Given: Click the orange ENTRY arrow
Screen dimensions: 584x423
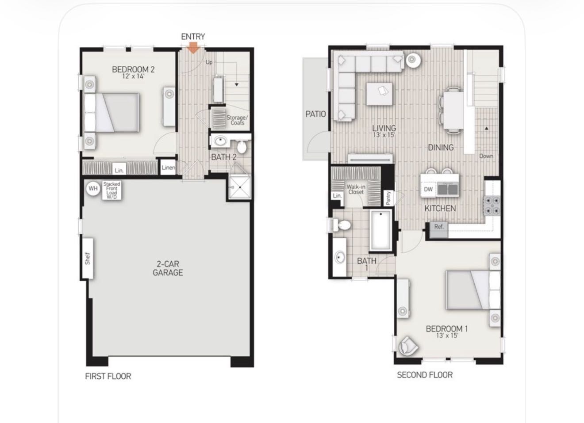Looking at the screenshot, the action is (193, 48).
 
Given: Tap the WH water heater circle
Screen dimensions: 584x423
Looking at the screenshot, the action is (93, 188).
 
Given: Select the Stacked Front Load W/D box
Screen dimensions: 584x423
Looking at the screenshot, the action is (111, 191).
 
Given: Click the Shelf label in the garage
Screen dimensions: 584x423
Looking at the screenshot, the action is (88, 259).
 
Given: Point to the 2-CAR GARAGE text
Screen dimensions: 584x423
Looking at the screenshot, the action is (168, 268).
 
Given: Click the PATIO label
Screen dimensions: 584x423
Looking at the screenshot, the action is (315, 114).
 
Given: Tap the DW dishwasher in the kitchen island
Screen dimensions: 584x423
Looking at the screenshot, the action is (428, 189).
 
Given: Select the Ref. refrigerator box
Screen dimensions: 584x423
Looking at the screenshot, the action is (439, 230).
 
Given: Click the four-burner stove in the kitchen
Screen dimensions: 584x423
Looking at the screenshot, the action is (492, 206).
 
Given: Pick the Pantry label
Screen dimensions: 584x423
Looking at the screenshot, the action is (388, 198).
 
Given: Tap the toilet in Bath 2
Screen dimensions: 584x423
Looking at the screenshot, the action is (242, 146).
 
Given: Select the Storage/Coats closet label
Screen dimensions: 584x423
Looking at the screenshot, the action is (237, 120).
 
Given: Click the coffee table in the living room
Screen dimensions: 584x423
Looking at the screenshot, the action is (379, 94).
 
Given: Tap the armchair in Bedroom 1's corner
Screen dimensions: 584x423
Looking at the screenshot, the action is (408, 346).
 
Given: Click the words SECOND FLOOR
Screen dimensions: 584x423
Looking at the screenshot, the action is (425, 375).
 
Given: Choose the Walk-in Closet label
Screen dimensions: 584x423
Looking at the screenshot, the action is (356, 189).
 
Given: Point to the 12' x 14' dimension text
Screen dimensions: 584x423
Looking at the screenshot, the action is (133, 76).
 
